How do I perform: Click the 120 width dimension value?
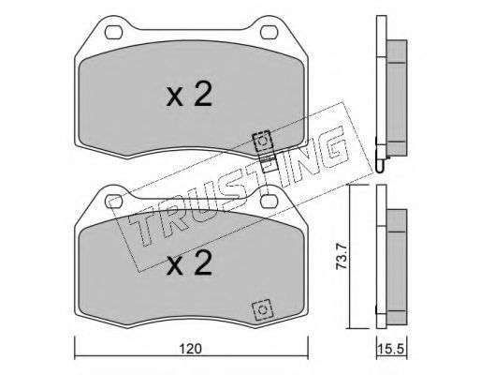point(191,349)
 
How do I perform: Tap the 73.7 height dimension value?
point(342,257)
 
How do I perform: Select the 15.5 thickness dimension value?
point(391,349)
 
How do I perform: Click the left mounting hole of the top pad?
point(113,32)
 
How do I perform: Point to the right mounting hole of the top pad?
point(269,32)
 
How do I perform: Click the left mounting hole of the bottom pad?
point(113,202)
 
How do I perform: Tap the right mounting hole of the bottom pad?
point(269,202)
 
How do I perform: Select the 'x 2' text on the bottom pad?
point(189,263)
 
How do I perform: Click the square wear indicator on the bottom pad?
point(262,310)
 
